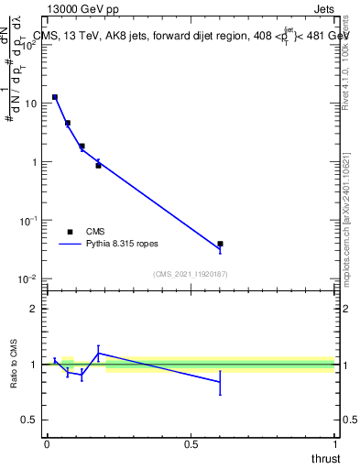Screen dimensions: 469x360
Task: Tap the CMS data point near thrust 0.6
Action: point(220,244)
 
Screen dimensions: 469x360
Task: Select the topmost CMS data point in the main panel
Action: point(55,97)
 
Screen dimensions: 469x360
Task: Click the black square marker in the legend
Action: point(70,232)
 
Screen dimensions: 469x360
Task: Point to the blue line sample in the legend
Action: point(70,245)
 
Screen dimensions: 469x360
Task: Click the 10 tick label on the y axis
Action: point(28,104)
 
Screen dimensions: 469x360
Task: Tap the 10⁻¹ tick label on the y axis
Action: point(27,220)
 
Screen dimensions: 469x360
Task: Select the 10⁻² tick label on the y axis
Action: point(27,278)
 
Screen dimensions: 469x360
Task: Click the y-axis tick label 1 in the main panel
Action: point(33,162)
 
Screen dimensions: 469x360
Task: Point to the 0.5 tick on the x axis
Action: point(191,444)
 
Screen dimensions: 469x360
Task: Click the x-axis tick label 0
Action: point(47,444)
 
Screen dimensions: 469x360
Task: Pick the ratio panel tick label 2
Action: point(33,309)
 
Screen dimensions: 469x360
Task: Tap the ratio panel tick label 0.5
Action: point(28,420)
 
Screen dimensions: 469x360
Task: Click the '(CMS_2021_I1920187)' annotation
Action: point(191,274)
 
